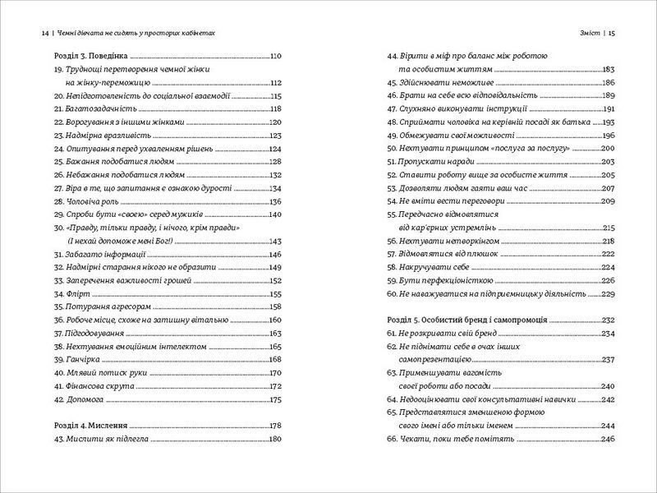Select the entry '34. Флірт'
65,293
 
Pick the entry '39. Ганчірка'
72,359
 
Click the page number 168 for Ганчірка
275,360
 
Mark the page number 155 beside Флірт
275,293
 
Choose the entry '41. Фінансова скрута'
88,386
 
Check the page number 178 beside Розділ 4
275,426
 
